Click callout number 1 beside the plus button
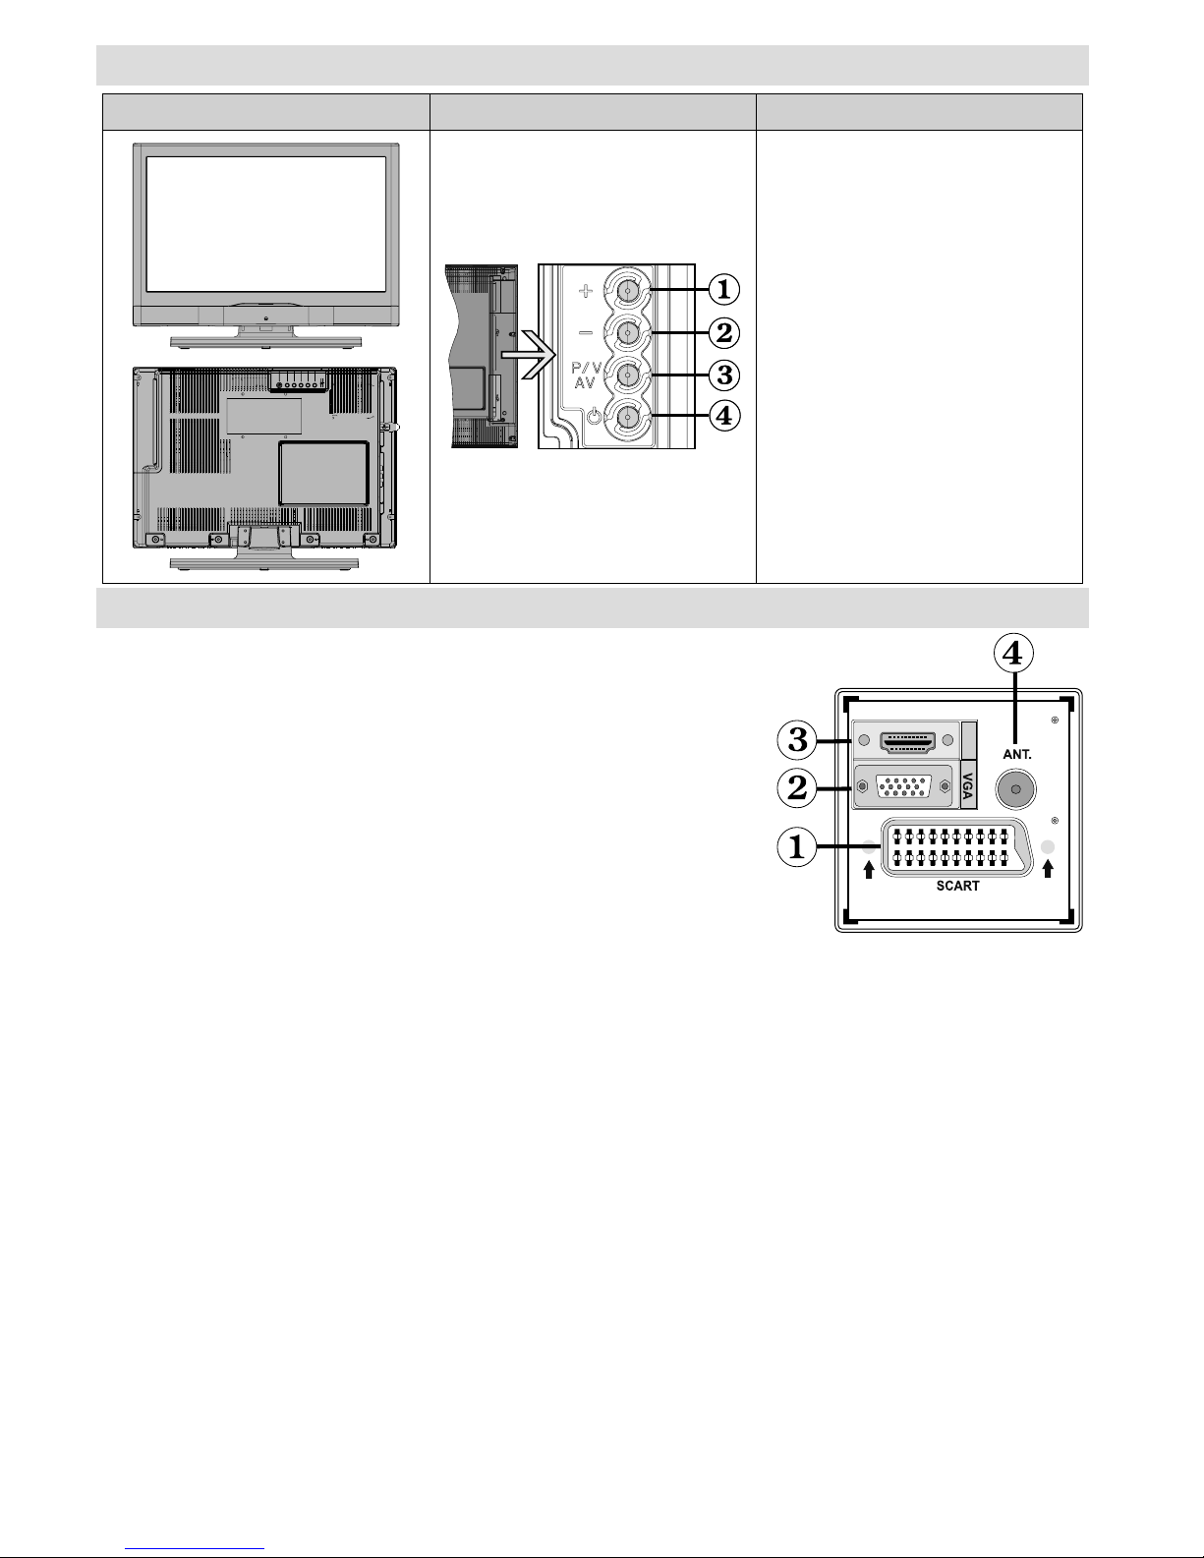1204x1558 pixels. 723,290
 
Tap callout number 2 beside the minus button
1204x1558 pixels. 723,332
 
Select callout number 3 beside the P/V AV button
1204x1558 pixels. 723,375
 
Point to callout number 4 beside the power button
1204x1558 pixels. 723,416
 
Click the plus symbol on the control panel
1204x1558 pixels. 586,291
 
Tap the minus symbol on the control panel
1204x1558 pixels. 586,332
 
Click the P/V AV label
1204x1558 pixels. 586,375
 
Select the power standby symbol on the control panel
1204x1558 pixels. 593,415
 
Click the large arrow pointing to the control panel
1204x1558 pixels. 528,355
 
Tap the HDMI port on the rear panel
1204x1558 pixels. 907,741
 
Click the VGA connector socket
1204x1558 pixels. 903,786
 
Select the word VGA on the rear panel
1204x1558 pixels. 967,785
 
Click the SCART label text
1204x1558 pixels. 957,887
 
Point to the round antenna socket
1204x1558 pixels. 1015,789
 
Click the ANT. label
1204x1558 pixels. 1017,754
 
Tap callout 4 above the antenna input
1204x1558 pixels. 1012,653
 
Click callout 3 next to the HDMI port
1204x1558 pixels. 797,740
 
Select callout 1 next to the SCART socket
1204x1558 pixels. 797,846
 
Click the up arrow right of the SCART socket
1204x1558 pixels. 1048,869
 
